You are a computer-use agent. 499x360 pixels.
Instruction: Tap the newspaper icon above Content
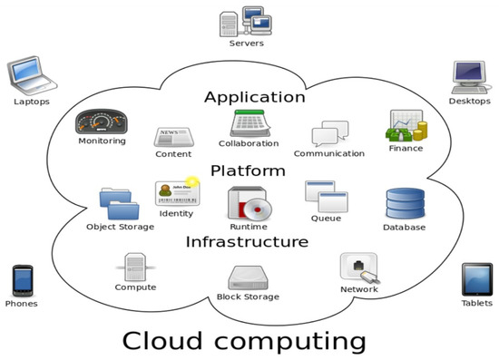[x=172, y=136]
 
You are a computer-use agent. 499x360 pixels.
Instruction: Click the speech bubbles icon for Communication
[x=328, y=134]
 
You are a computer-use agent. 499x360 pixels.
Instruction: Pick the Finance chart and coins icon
[x=405, y=126]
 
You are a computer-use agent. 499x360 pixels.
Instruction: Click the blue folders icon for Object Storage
[x=119, y=203]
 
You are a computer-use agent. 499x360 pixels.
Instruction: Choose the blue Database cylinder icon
[x=403, y=203]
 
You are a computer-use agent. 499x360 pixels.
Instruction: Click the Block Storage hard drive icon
[x=248, y=277]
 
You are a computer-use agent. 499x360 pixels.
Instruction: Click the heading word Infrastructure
[x=247, y=242]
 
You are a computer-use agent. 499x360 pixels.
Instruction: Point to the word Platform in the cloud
[x=248, y=170]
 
